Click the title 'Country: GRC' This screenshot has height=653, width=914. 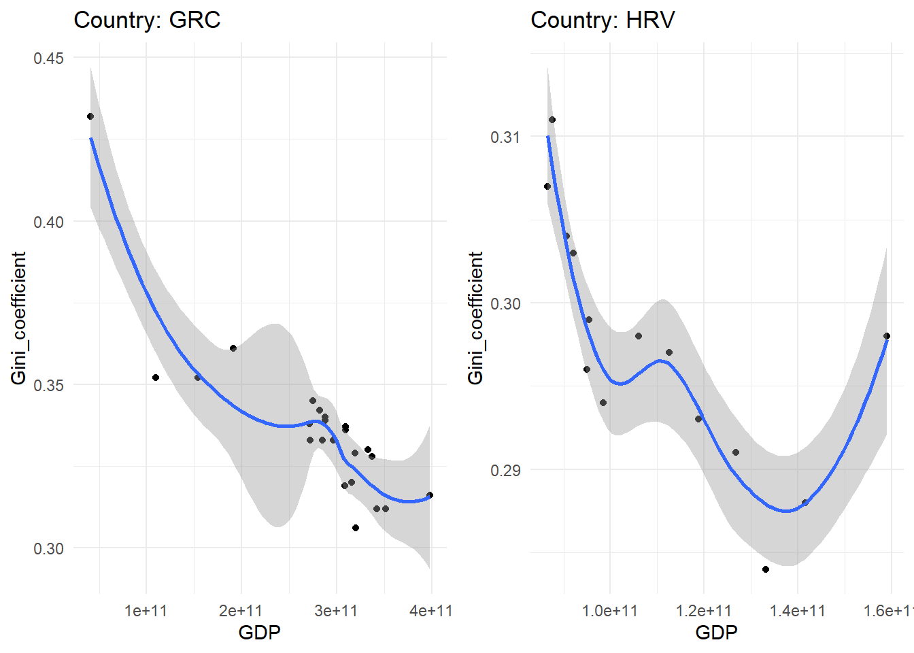pyautogui.click(x=147, y=20)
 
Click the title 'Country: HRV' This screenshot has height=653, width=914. pyautogui.click(x=603, y=20)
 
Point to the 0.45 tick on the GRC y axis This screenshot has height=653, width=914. pyautogui.click(x=48, y=58)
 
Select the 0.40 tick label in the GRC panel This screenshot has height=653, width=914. pyautogui.click(x=48, y=222)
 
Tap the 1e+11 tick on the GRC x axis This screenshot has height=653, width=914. pyautogui.click(x=146, y=611)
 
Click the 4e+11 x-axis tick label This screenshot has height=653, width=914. pyautogui.click(x=430, y=611)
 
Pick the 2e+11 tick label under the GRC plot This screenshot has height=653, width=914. pyautogui.click(x=241, y=611)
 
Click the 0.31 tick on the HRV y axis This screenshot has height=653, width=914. pyautogui.click(x=505, y=137)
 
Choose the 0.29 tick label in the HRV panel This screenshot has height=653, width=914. pyautogui.click(x=505, y=470)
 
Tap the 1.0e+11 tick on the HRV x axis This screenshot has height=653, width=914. pyautogui.click(x=610, y=611)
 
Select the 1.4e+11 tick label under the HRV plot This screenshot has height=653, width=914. pyautogui.click(x=798, y=611)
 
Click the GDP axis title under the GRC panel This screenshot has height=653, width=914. pyautogui.click(x=259, y=633)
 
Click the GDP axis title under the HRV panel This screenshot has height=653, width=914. pyautogui.click(x=716, y=633)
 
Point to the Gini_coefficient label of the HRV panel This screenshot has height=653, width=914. pyautogui.click(x=475, y=318)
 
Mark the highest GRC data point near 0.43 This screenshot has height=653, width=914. pyautogui.click(x=90, y=116)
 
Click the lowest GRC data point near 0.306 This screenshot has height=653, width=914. pyautogui.click(x=356, y=528)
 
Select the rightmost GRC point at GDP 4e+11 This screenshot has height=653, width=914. pyautogui.click(x=430, y=495)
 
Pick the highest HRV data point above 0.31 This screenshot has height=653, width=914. pyautogui.click(x=552, y=120)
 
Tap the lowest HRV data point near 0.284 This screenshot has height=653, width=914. pyautogui.click(x=766, y=569)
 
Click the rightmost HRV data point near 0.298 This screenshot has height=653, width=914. pyautogui.click(x=887, y=336)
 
